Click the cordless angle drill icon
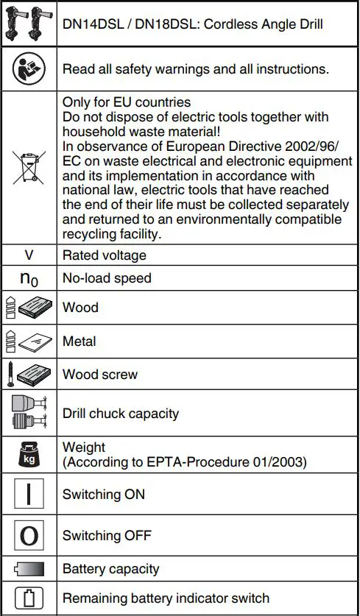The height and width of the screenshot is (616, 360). tap(29, 25)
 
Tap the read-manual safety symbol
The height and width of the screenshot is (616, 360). tap(29, 69)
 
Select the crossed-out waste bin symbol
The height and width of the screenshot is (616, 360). tap(29, 168)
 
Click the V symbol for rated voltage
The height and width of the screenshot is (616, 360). tap(29, 255)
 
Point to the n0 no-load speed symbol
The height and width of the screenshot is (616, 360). tap(29, 279)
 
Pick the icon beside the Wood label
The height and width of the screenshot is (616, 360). tap(29, 307)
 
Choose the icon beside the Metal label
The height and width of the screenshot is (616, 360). tap(29, 341)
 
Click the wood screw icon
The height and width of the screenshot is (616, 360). tap(29, 375)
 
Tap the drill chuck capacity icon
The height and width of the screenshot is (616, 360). tap(29, 413)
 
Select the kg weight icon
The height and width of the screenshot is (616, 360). tap(29, 454)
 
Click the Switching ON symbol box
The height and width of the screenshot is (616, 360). tap(29, 495)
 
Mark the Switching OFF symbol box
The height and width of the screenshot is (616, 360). tap(29, 535)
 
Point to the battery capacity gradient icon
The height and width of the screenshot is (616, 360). tap(29, 569)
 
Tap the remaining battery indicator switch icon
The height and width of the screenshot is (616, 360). tap(29, 598)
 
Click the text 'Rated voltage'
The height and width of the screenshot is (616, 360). tap(105, 255)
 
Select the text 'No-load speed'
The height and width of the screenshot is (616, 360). tap(107, 278)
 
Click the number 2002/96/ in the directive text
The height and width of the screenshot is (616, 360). tap(310, 146)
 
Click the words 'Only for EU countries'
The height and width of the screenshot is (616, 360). tap(127, 102)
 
